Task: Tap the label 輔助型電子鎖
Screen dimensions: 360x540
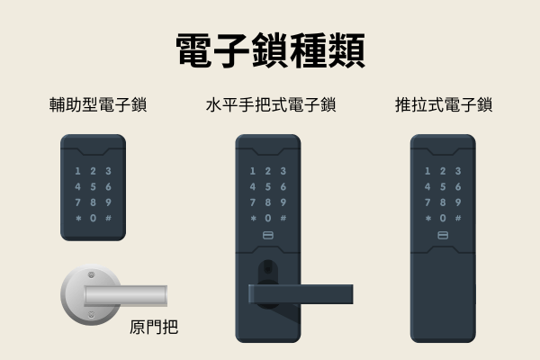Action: click(x=98, y=105)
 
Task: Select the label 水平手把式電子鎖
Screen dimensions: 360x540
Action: click(x=270, y=105)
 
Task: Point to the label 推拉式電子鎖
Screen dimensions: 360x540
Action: click(x=443, y=105)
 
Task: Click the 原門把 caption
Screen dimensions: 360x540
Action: click(x=154, y=327)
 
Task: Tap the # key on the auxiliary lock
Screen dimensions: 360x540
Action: click(x=108, y=219)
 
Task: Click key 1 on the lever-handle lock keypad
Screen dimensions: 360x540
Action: click(x=253, y=171)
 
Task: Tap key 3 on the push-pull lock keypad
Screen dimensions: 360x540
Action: click(x=458, y=171)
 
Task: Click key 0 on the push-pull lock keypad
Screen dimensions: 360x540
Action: click(x=443, y=219)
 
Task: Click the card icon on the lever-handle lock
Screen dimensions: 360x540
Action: click(x=267, y=237)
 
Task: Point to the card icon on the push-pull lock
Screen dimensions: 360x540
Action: click(x=443, y=237)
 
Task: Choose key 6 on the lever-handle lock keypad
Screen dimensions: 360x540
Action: click(x=283, y=187)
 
